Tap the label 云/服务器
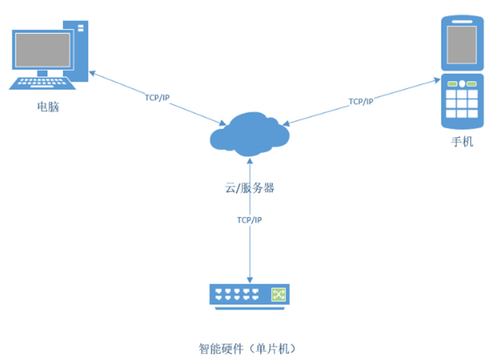(249, 188)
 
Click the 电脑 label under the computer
(47, 106)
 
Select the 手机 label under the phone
(462, 142)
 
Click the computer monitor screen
(43, 51)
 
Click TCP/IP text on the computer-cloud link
(157, 98)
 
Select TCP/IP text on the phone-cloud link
(361, 101)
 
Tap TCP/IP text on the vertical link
(249, 220)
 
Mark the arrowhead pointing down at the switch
(249, 280)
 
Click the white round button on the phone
(462, 84)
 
